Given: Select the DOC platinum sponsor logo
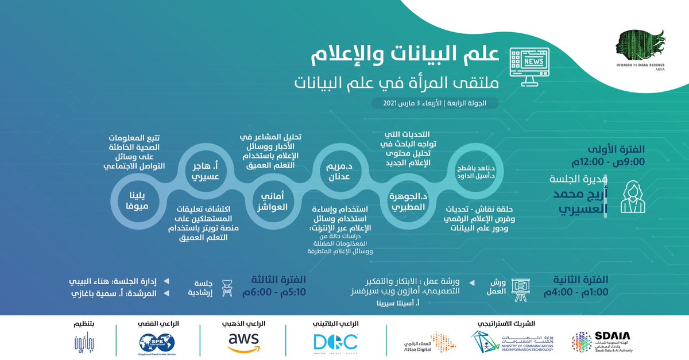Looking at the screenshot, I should (x=336, y=343).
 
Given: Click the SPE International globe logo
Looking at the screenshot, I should (x=152, y=343).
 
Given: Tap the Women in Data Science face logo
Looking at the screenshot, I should (x=636, y=46).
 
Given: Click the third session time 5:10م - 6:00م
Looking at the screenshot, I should (x=277, y=291).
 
